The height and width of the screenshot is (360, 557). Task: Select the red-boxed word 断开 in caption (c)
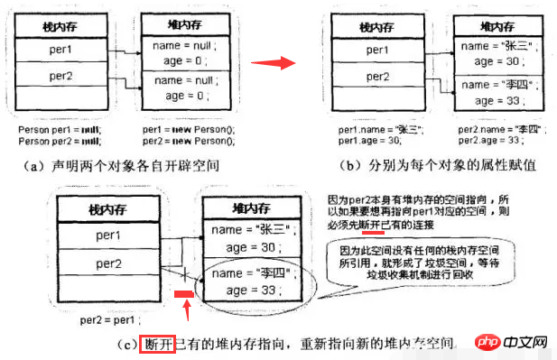152,343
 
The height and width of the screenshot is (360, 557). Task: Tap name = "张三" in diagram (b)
491,45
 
